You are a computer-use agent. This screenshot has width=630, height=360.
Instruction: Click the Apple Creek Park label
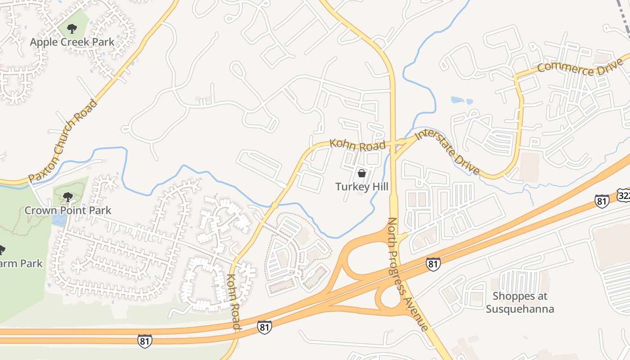point(72,42)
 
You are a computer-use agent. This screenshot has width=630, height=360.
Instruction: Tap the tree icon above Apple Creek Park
point(72,29)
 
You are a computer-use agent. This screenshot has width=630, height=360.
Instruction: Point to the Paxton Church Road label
point(63,140)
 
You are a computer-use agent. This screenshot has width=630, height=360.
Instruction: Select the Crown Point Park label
point(67,210)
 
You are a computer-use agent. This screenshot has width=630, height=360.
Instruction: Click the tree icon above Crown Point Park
point(68,197)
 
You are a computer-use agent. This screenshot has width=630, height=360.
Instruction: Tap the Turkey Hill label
point(361,186)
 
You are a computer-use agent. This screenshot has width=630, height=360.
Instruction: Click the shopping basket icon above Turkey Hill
point(361,173)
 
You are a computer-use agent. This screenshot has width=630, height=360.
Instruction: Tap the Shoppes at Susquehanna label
point(520,302)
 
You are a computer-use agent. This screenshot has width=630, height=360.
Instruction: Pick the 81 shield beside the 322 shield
point(602,201)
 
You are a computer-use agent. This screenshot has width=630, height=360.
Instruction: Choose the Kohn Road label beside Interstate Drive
point(358,145)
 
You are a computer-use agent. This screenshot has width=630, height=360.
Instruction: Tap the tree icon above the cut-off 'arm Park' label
point(1,250)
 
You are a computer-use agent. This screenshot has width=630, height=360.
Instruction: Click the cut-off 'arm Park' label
point(21,263)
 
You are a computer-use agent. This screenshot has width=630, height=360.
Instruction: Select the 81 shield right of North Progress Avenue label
point(433,264)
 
